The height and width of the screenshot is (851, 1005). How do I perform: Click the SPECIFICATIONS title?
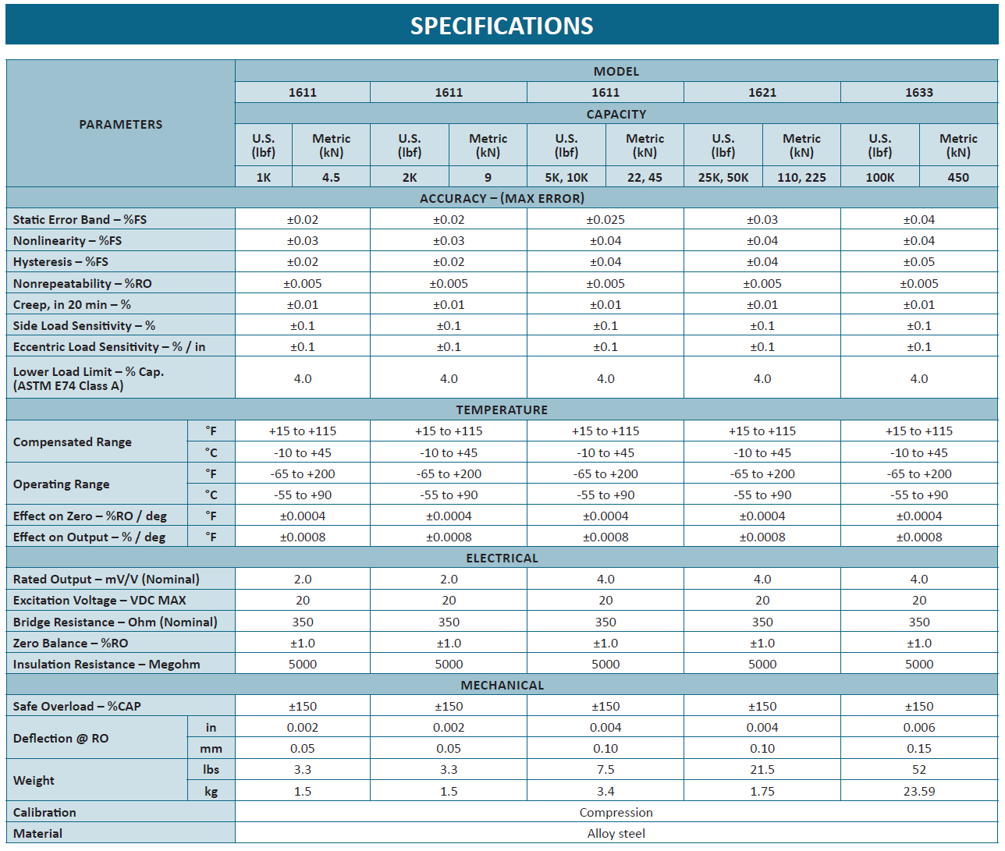[502, 26]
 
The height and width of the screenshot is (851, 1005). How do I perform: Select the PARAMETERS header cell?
[121, 125]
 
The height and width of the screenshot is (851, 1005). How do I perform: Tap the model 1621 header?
[762, 92]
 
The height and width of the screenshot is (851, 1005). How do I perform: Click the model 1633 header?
[919, 92]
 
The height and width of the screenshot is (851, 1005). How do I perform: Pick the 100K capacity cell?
[879, 177]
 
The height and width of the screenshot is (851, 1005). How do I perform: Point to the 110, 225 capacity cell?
[801, 177]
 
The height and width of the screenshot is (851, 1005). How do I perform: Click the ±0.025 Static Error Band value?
[605, 220]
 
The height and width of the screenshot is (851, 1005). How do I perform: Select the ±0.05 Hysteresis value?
[919, 262]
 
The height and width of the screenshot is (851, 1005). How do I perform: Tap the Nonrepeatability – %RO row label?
[82, 283]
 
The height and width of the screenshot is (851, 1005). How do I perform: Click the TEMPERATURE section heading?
[502, 410]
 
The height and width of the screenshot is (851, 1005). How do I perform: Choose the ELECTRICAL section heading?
[502, 558]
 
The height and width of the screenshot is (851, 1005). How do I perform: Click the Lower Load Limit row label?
[88, 378]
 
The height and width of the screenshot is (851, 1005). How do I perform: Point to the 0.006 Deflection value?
[919, 728]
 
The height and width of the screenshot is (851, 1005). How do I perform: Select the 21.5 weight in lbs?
[762, 770]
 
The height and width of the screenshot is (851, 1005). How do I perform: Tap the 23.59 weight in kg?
[919, 791]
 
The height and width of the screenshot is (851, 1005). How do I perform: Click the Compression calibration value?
[616, 813]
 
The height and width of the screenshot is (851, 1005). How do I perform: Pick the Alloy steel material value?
[616, 834]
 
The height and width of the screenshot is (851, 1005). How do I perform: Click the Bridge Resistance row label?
[115, 622]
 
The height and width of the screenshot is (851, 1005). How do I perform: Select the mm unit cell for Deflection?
[211, 749]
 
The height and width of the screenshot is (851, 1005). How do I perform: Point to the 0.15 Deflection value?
[919, 749]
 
